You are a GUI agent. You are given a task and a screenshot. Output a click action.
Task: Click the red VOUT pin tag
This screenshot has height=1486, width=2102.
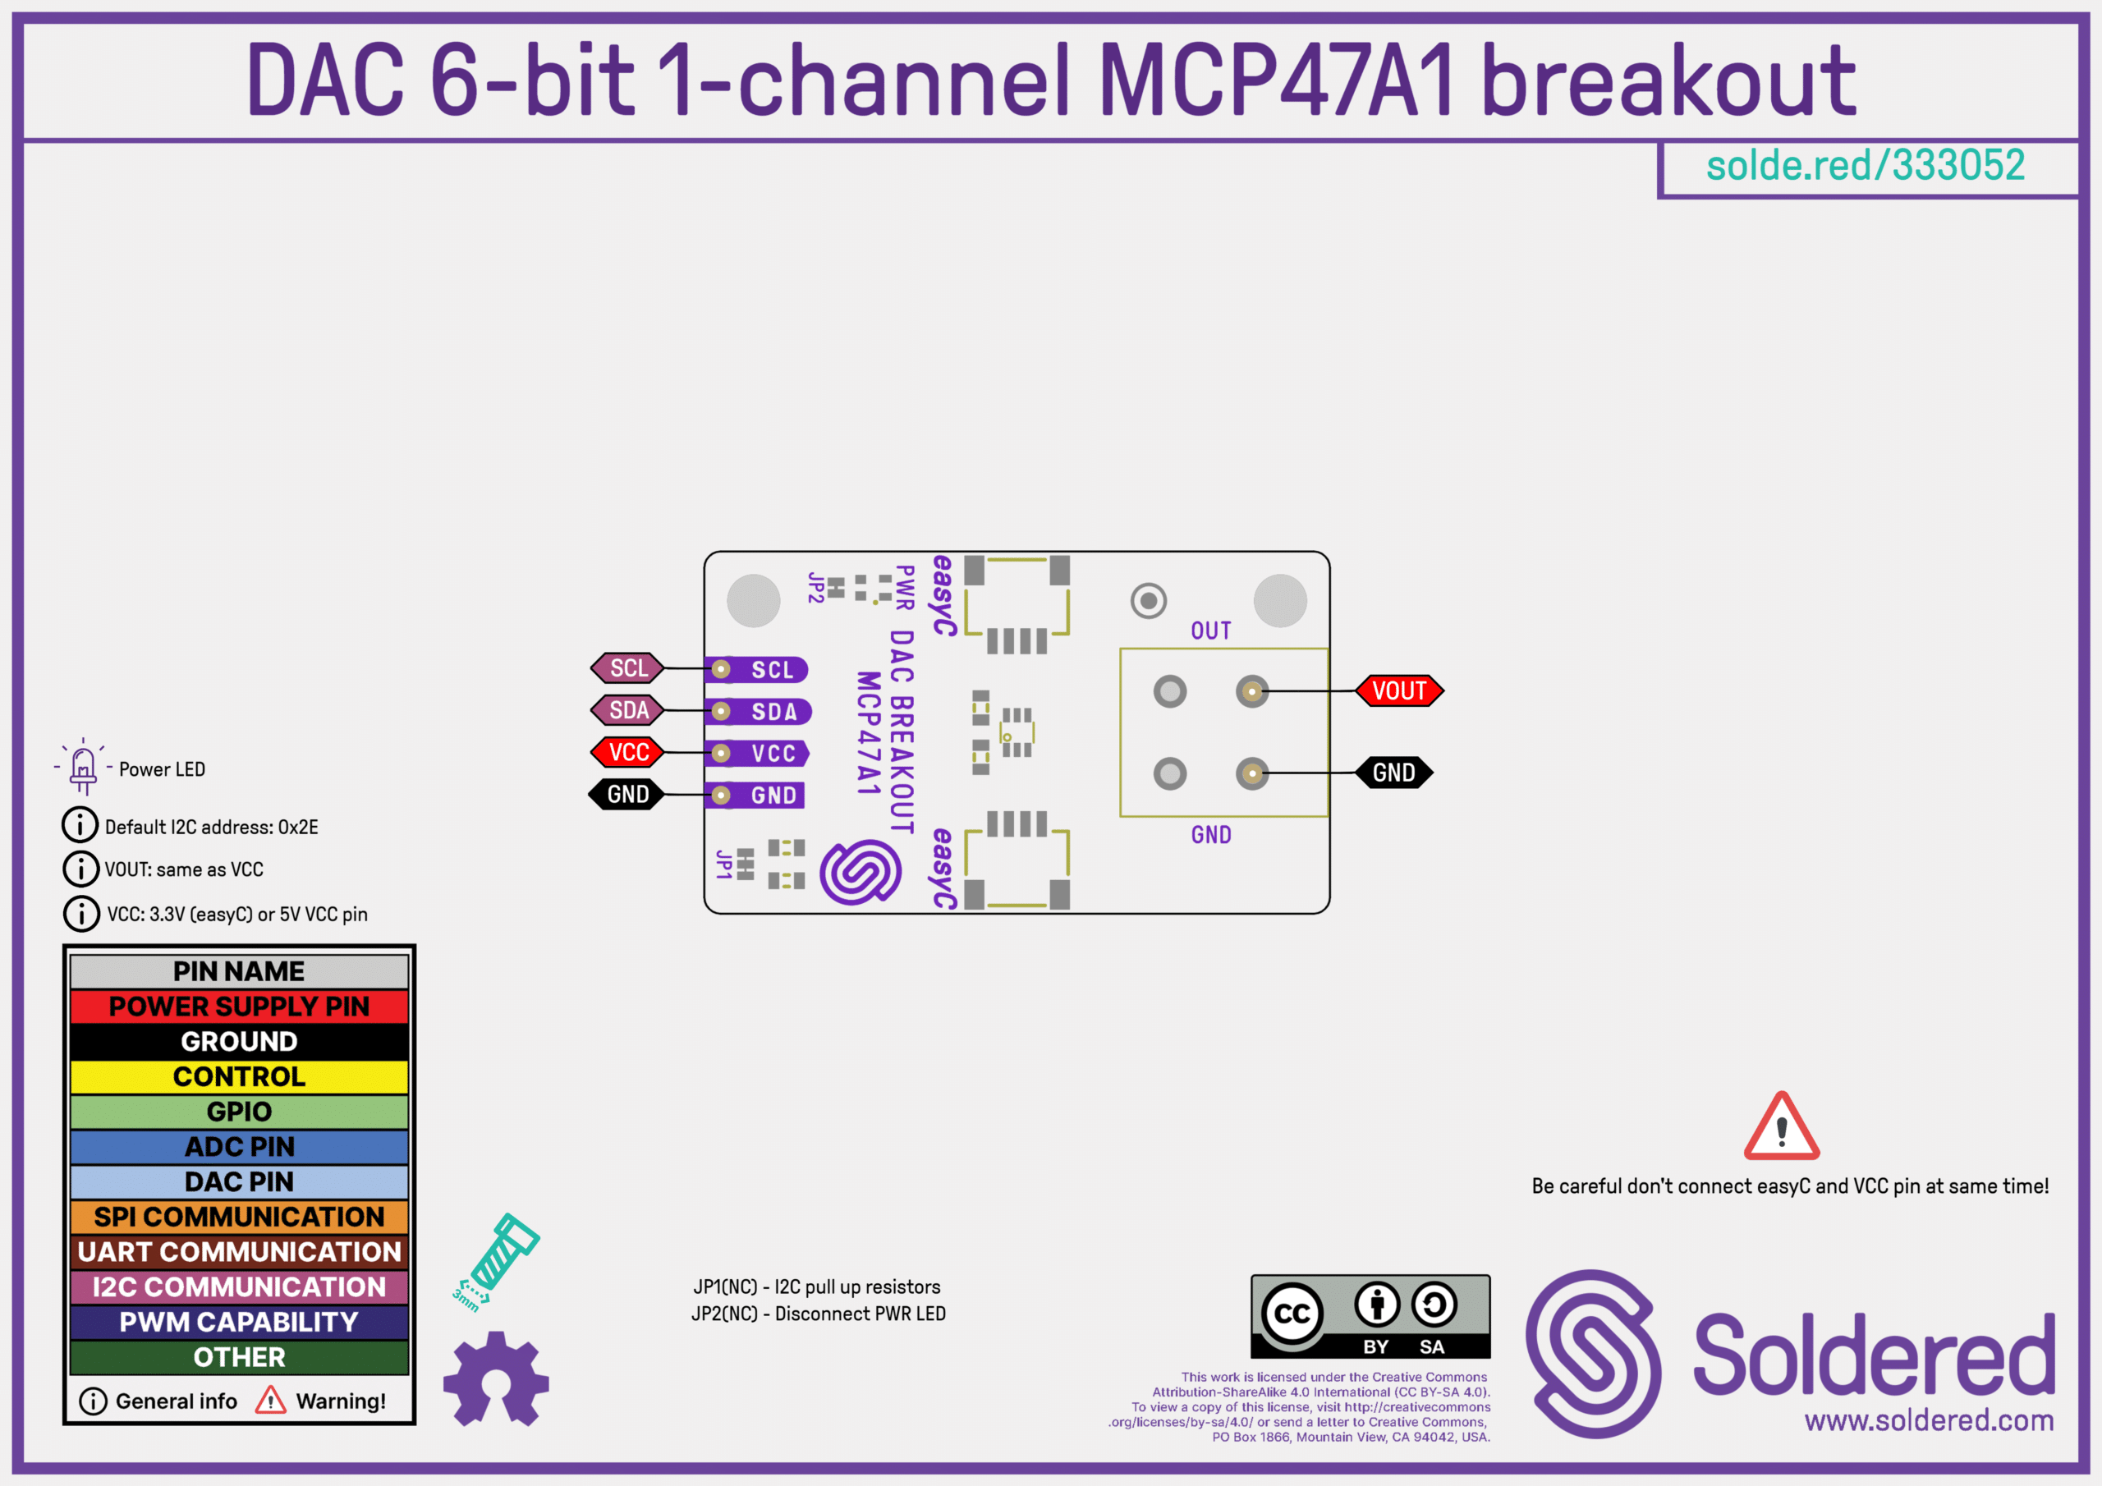(1399, 691)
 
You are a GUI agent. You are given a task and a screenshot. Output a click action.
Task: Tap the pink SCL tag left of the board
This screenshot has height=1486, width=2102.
(628, 668)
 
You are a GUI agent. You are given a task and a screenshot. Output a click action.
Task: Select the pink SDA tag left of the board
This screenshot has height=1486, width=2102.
(628, 710)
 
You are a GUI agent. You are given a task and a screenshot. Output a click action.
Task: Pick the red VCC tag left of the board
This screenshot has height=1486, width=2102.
(628, 753)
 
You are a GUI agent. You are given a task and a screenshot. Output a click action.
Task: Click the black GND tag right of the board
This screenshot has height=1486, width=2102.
(1393, 773)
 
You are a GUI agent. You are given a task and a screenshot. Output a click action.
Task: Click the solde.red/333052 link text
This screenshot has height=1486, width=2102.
(1865, 166)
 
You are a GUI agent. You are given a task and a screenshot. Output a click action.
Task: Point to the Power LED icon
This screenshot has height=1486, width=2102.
(82, 768)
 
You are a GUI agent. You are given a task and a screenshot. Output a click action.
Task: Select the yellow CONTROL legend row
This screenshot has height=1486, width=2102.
(239, 1076)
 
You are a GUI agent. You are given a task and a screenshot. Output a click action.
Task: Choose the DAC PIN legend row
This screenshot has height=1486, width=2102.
(239, 1182)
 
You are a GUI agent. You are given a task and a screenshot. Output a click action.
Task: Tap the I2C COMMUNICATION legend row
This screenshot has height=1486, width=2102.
(239, 1287)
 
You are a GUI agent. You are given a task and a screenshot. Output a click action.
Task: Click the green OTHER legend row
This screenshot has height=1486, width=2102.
(239, 1357)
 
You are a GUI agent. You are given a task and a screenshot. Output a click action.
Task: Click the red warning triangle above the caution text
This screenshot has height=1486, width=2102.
(1781, 1128)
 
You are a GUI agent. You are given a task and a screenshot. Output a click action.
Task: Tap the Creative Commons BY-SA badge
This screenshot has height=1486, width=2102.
(1370, 1317)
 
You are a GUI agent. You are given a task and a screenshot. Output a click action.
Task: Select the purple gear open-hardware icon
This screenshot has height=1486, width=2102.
(495, 1379)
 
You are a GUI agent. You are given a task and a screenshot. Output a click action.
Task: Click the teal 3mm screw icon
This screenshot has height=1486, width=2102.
(496, 1260)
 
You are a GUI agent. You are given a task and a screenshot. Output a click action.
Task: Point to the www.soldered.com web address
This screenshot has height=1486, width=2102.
(1929, 1421)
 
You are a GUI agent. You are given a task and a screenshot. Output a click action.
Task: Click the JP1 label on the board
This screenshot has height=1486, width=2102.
(724, 864)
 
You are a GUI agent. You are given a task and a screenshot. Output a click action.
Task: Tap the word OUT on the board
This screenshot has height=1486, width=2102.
(1210, 631)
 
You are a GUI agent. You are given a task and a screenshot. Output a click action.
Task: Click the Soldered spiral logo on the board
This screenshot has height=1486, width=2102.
(861, 873)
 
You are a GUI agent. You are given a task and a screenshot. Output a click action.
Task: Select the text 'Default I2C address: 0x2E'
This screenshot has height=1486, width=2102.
(210, 828)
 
